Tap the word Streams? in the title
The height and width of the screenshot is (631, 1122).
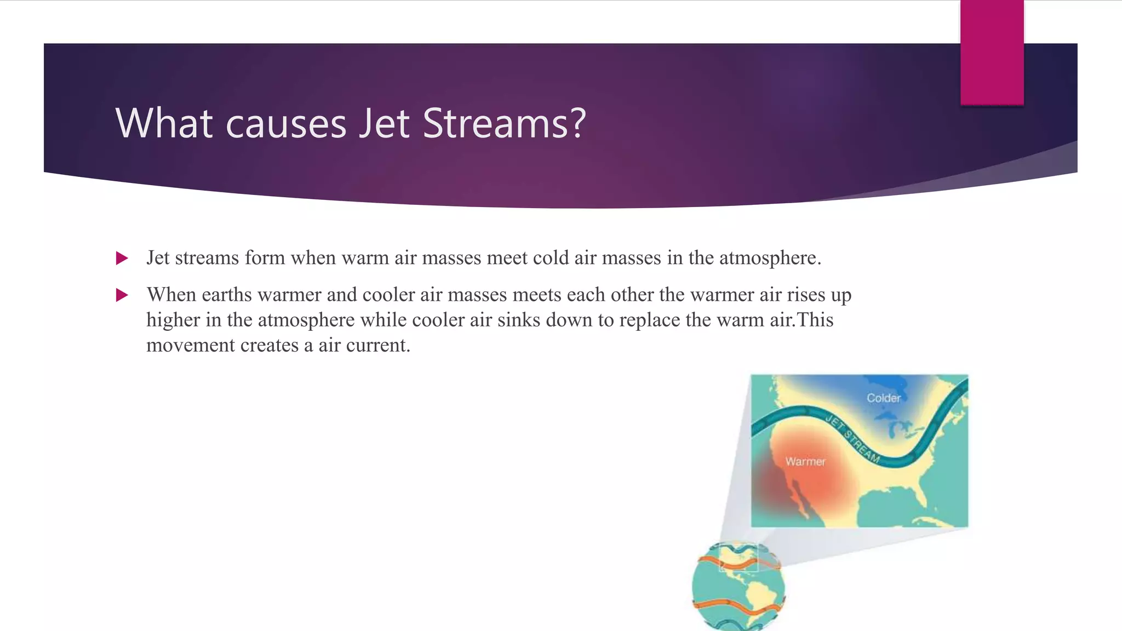(x=504, y=123)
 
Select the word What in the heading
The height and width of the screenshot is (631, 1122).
(x=164, y=123)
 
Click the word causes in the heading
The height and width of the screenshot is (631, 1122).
(x=286, y=124)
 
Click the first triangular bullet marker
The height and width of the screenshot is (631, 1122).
(x=122, y=258)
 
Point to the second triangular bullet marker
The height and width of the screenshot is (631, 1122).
(x=122, y=295)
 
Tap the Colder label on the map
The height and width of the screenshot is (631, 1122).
(x=883, y=398)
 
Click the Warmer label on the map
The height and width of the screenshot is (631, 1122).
(x=805, y=461)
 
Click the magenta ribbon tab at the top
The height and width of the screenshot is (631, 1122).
(x=992, y=52)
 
